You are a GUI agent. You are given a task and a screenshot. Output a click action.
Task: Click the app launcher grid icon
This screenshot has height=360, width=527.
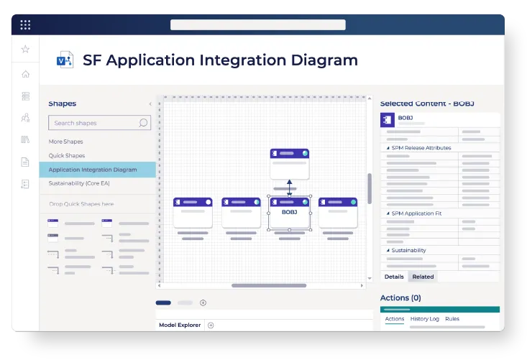tap(25, 24)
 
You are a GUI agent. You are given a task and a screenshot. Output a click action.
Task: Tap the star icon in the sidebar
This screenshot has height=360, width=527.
tap(25, 49)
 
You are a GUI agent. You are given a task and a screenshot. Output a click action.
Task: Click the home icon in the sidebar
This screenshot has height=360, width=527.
tap(26, 74)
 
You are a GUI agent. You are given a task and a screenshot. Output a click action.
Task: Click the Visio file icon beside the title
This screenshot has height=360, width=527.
tap(65, 60)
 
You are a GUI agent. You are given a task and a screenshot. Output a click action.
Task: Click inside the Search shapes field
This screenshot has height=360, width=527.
tap(94, 123)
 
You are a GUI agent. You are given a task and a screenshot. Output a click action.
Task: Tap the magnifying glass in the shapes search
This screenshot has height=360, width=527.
tap(143, 123)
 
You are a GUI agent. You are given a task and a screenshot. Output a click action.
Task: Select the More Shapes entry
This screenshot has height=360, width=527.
tap(66, 142)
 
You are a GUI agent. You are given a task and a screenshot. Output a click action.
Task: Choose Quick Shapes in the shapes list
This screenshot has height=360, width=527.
tap(67, 155)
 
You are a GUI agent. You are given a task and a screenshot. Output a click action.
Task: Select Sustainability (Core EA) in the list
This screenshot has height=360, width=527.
tap(79, 183)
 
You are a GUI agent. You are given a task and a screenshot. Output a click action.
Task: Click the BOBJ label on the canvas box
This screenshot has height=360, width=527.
tap(289, 212)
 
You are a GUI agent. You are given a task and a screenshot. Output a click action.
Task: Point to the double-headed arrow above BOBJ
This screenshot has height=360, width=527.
tap(289, 188)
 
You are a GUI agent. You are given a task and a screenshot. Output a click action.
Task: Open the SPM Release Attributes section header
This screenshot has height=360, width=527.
tap(421, 148)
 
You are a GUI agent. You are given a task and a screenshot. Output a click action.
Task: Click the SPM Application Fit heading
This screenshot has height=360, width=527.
tap(416, 213)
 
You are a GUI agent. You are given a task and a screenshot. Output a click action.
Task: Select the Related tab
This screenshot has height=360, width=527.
tap(423, 277)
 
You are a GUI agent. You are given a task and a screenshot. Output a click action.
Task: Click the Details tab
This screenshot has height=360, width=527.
tap(394, 277)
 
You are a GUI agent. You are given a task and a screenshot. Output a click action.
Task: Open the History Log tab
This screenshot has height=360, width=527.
tap(424, 319)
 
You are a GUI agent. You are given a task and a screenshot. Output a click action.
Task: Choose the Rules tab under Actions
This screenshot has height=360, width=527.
tap(452, 319)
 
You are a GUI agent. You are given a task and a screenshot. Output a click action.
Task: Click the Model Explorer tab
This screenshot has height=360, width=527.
tap(180, 325)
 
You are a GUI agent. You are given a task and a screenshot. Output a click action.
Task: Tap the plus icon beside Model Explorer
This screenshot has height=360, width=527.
tap(211, 325)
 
